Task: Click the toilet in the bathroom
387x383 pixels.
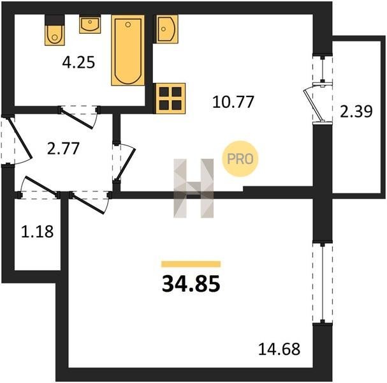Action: (x=55, y=30)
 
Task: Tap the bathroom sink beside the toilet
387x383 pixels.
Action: (x=90, y=24)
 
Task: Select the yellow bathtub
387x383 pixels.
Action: (x=128, y=50)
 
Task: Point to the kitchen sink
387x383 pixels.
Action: (x=166, y=29)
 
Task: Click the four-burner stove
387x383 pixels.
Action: (x=170, y=98)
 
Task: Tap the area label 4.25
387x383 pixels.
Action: (x=78, y=63)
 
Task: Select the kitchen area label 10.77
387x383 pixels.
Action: (x=233, y=101)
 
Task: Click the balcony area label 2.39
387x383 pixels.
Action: (x=356, y=112)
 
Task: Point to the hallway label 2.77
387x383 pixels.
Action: (x=63, y=149)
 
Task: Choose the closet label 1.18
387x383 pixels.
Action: (x=37, y=232)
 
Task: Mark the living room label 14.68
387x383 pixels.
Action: (x=279, y=349)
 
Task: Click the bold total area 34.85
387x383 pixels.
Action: (x=191, y=284)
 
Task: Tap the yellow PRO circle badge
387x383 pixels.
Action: (x=240, y=159)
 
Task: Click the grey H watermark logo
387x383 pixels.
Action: (x=194, y=188)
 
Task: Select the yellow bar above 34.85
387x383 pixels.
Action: (x=191, y=264)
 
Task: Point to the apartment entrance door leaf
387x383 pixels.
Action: (x=20, y=138)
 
